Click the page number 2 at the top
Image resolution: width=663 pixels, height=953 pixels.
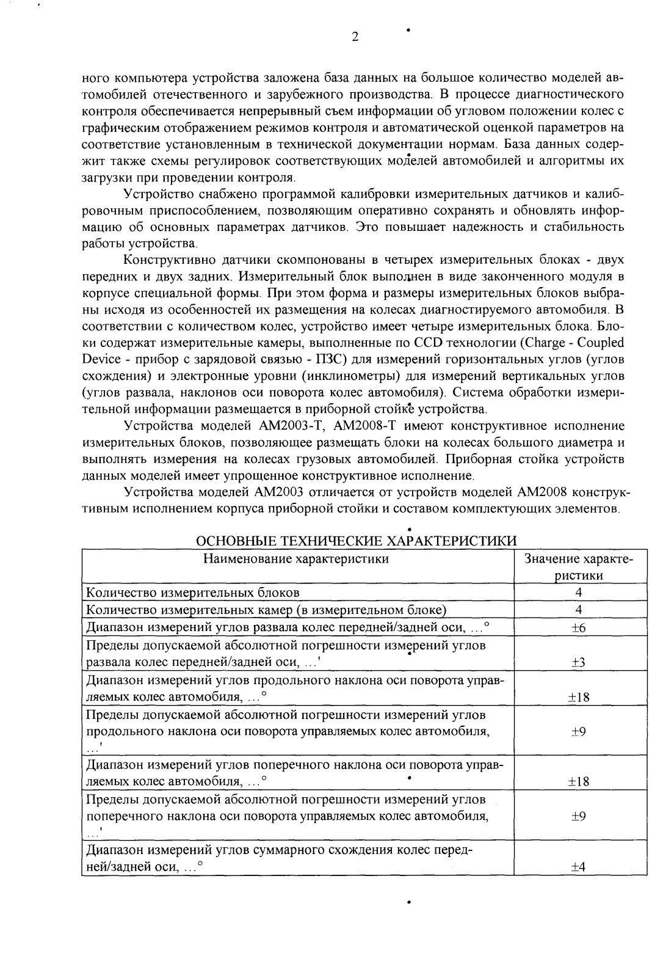coord(355,36)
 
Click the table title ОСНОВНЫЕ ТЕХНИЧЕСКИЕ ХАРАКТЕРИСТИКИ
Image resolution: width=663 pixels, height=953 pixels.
coord(355,541)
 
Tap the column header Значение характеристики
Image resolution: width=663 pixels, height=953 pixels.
coord(578,567)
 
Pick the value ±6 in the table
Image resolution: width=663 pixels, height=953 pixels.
coord(578,628)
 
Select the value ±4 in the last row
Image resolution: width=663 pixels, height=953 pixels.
coord(578,867)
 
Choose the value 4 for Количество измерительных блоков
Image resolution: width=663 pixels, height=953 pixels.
coord(578,592)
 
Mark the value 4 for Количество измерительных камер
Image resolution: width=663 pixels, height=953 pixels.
coord(578,610)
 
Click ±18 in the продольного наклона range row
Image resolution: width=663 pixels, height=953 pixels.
coord(578,697)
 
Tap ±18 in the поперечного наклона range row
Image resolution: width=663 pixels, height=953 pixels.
coord(578,781)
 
